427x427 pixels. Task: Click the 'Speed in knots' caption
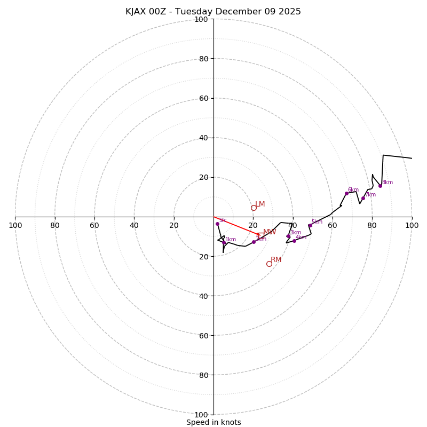pos(213,422)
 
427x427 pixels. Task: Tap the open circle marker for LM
pos(254,208)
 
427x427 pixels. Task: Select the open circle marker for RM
pos(269,264)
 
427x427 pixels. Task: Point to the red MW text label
pos(270,232)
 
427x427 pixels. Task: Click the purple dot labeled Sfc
pos(217,224)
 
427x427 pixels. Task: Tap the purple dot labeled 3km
pos(288,236)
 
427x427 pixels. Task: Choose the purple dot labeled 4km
pos(294,241)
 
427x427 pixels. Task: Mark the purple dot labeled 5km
pos(310,225)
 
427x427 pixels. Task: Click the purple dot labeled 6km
pos(346,193)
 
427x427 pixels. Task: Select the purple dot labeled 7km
pos(363,198)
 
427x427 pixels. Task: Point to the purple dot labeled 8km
pos(380,186)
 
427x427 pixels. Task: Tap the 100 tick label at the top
pos(201,19)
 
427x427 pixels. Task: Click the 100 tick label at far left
pos(15,225)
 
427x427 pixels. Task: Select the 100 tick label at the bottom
pos(201,415)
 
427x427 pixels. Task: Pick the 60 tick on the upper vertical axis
pos(203,98)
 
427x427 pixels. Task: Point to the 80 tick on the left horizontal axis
pos(55,225)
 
